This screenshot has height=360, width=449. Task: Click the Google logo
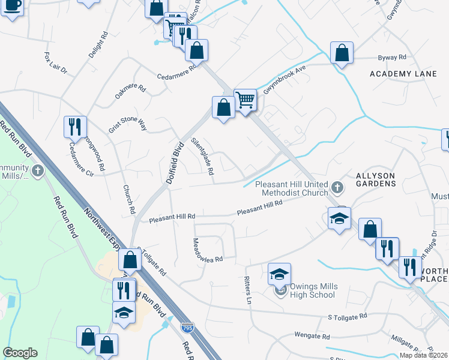click(x=20, y=353)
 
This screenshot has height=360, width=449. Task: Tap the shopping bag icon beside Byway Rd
click(x=342, y=53)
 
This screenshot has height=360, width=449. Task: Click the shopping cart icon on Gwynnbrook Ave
click(x=245, y=100)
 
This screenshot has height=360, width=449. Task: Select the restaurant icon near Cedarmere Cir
click(x=76, y=127)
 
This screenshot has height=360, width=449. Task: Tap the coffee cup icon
click(x=12, y=6)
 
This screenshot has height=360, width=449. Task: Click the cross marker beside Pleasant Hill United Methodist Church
click(x=337, y=188)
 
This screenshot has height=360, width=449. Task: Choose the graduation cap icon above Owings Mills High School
click(x=279, y=274)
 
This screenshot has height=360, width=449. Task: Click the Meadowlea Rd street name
click(x=207, y=251)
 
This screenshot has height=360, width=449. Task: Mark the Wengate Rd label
click(x=312, y=336)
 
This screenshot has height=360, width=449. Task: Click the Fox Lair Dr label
click(x=56, y=62)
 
